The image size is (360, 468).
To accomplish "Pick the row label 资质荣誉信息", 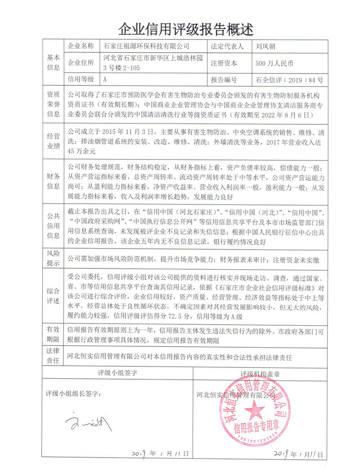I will [x=53, y=105].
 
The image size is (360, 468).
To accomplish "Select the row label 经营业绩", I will [x=53, y=141].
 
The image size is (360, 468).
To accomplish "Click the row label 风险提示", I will [x=53, y=259].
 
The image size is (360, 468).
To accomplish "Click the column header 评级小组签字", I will [x=117, y=373].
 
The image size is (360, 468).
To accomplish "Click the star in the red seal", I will [x=255, y=410].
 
